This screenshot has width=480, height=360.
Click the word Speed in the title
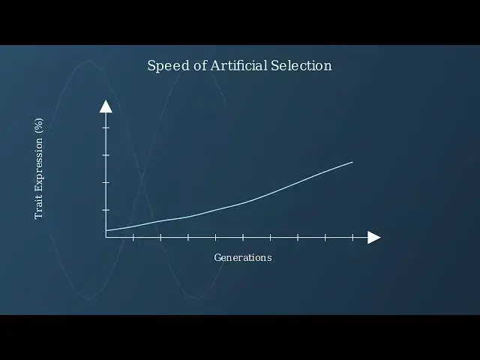point(164,66)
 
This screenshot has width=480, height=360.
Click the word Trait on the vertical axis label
point(39,208)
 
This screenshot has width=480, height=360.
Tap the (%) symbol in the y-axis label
point(39,127)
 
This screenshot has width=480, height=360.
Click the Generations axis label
point(242,257)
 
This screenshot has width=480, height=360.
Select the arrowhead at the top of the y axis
point(106,106)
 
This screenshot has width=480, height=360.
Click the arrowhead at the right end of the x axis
point(373,237)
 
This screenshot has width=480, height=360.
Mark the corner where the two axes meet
point(106,237)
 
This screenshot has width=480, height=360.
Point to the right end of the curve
point(352,162)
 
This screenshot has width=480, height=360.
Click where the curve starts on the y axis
point(106,230)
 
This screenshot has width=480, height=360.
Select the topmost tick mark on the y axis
point(106,127)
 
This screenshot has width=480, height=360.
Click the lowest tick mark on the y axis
point(106,210)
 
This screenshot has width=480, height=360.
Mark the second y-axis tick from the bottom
point(106,182)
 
